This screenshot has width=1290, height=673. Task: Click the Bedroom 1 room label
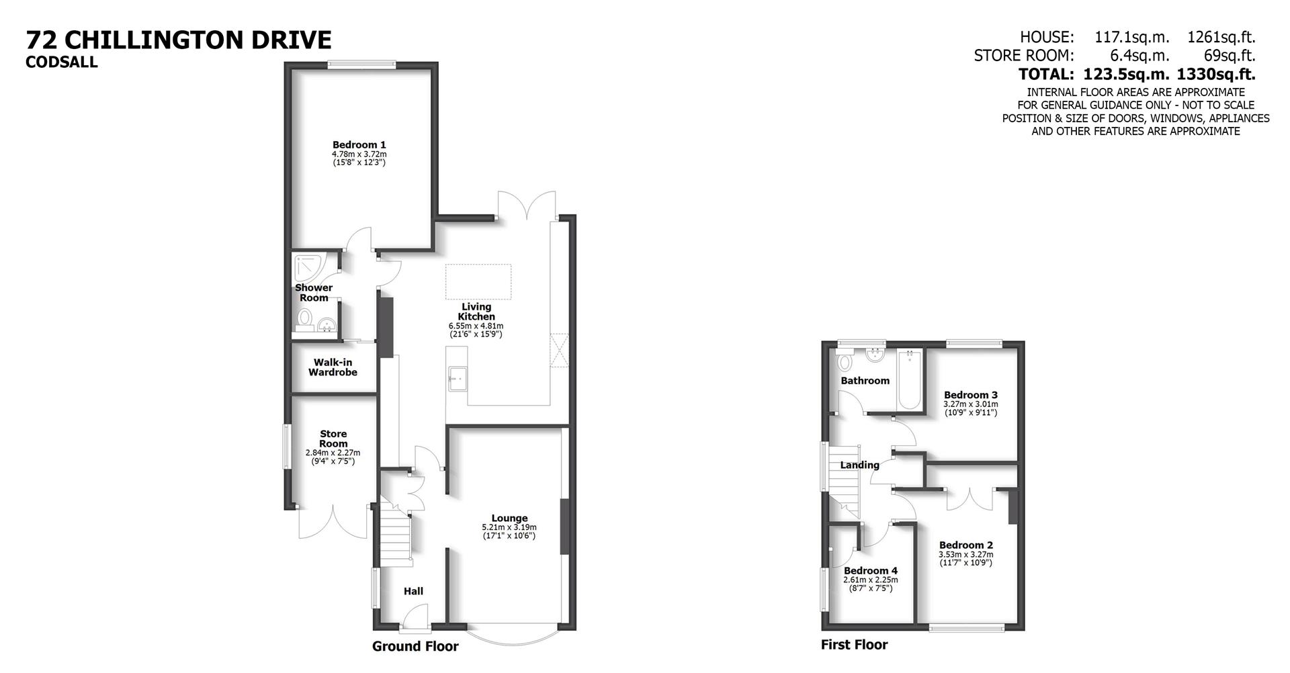(x=359, y=144)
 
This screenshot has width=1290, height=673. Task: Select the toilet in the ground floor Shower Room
(x=305, y=319)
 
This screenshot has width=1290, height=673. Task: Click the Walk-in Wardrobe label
(x=333, y=367)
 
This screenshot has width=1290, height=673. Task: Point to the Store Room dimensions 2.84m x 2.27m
(x=333, y=453)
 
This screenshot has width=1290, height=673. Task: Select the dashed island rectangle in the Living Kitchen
(x=478, y=282)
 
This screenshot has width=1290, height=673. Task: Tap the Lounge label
(x=509, y=518)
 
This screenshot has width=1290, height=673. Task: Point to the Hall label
(x=413, y=591)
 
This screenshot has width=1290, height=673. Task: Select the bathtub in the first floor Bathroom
(x=910, y=379)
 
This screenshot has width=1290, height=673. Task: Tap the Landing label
(x=859, y=465)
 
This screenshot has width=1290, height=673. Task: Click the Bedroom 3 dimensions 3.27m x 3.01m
(x=970, y=404)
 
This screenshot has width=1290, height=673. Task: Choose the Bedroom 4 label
(x=870, y=570)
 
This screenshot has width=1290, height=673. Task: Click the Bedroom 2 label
(x=965, y=545)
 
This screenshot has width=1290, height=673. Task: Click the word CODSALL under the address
(x=62, y=62)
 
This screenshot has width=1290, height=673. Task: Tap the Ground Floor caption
(x=415, y=646)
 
